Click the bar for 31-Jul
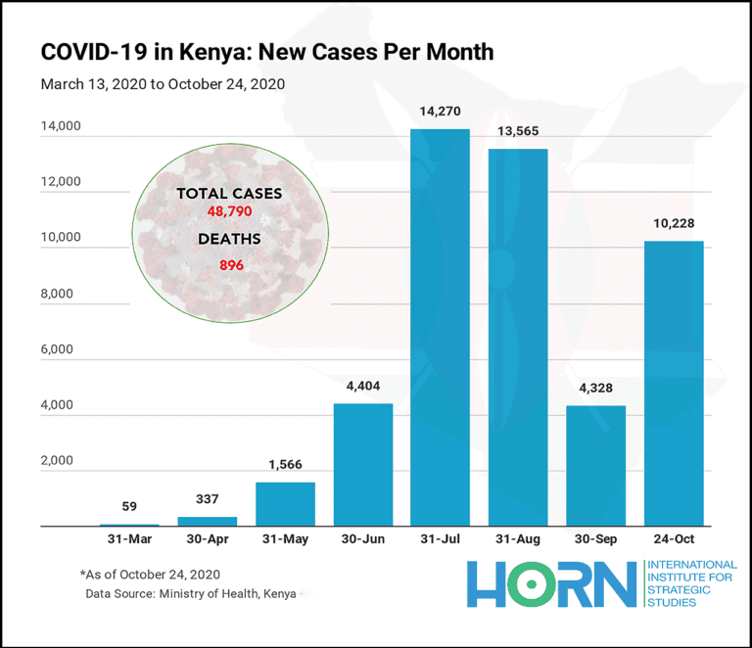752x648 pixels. point(440,328)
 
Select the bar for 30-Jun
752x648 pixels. point(362,465)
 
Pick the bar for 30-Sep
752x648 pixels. point(595,466)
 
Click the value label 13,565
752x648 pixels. point(517,131)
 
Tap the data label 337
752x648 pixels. point(207,499)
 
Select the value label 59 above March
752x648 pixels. point(129,506)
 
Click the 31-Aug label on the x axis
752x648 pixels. point(517,539)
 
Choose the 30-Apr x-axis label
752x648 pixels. point(207,539)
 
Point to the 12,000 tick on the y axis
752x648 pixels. point(60,183)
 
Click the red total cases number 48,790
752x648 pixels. point(229,211)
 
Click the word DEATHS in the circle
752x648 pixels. point(230,239)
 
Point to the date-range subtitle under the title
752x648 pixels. point(163,83)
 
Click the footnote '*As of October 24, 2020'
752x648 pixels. point(151,574)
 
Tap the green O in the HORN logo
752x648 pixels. point(531,583)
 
